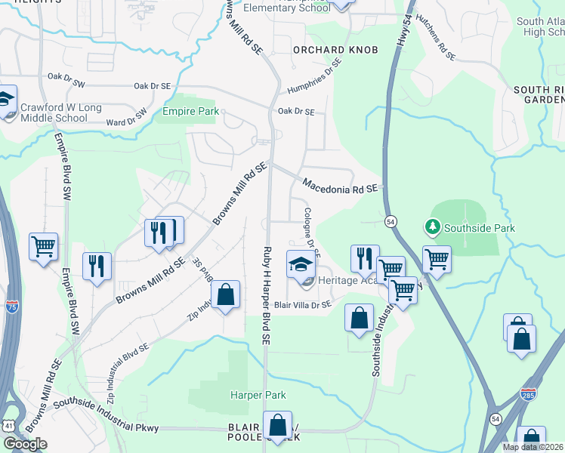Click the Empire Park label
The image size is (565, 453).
click(x=190, y=112)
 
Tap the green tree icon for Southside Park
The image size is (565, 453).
click(x=432, y=226)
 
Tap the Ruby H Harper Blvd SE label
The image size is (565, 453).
click(x=266, y=294)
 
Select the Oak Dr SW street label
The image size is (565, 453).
click(x=67, y=76)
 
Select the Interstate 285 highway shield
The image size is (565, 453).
click(x=529, y=394)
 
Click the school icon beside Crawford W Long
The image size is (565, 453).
click(x=6, y=99)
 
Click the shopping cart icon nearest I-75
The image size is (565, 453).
click(x=43, y=246)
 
